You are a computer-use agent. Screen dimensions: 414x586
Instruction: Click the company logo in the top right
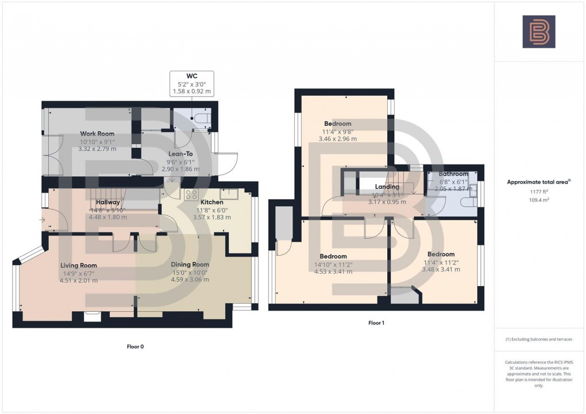coord(538,32)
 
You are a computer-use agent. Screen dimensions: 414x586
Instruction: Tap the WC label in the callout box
coord(192,76)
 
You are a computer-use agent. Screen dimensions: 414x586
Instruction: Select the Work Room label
coord(97,134)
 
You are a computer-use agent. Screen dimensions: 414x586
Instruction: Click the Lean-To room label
coord(180,154)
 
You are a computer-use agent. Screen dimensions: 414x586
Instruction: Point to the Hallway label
coord(108,202)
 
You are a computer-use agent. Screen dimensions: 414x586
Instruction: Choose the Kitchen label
coord(211,202)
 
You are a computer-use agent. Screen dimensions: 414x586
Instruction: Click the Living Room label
coord(79,265)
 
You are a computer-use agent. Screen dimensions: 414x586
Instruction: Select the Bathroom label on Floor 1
coord(453,173)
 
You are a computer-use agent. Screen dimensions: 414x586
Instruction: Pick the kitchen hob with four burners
coord(191,194)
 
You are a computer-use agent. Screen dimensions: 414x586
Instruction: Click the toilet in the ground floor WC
coord(203,118)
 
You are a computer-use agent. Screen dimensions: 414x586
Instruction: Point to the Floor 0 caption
coord(136,347)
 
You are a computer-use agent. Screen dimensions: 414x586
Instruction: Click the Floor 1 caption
coord(376,323)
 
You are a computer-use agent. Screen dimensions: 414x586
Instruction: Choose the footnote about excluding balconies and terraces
coord(538,339)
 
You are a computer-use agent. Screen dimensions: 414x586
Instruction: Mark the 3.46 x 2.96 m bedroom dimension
coord(337,139)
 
